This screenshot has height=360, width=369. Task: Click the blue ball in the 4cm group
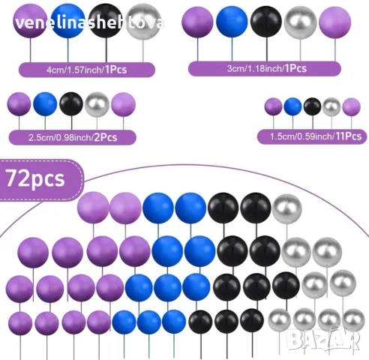point(67,21)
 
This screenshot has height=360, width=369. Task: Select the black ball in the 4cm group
point(106,21)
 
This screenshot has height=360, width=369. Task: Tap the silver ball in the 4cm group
point(143,22)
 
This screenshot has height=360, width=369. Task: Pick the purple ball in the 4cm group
point(30,21)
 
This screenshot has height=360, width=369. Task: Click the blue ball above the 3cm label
point(232,22)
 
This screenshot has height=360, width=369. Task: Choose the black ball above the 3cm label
point(266,22)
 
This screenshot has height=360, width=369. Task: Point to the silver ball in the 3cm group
point(300,22)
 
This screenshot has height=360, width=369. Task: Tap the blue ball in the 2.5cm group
point(45,104)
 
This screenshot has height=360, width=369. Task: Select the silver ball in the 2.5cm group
point(97,105)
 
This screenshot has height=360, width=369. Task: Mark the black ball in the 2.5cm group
point(71,104)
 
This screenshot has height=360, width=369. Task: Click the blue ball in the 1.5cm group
point(292,106)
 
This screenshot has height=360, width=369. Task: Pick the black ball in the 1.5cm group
point(312,106)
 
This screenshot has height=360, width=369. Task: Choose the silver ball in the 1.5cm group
point(331,107)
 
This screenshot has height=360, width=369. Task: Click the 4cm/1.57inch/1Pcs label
point(87,70)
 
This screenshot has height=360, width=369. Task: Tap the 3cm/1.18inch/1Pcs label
point(265,68)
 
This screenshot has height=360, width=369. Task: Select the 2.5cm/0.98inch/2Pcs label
point(73,137)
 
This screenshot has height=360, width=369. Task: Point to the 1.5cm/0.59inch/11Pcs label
point(312,136)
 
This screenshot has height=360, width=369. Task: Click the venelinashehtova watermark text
point(90,23)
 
